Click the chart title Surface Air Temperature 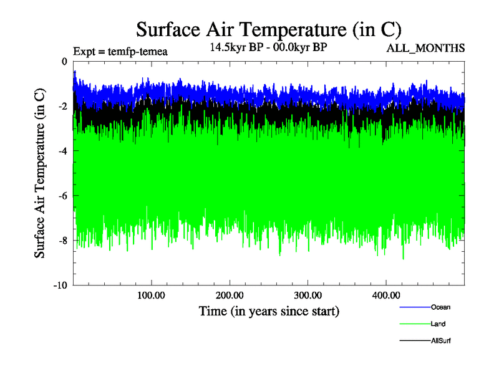coord(268,29)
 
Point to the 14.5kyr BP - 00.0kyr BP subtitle coord(269,47)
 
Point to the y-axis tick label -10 coord(61,285)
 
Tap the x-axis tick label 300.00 coord(308,295)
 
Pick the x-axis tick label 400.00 coord(385,295)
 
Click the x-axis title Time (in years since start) coord(269,310)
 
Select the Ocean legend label coord(440,307)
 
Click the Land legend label coord(438,324)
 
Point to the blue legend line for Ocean coord(414,307)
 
